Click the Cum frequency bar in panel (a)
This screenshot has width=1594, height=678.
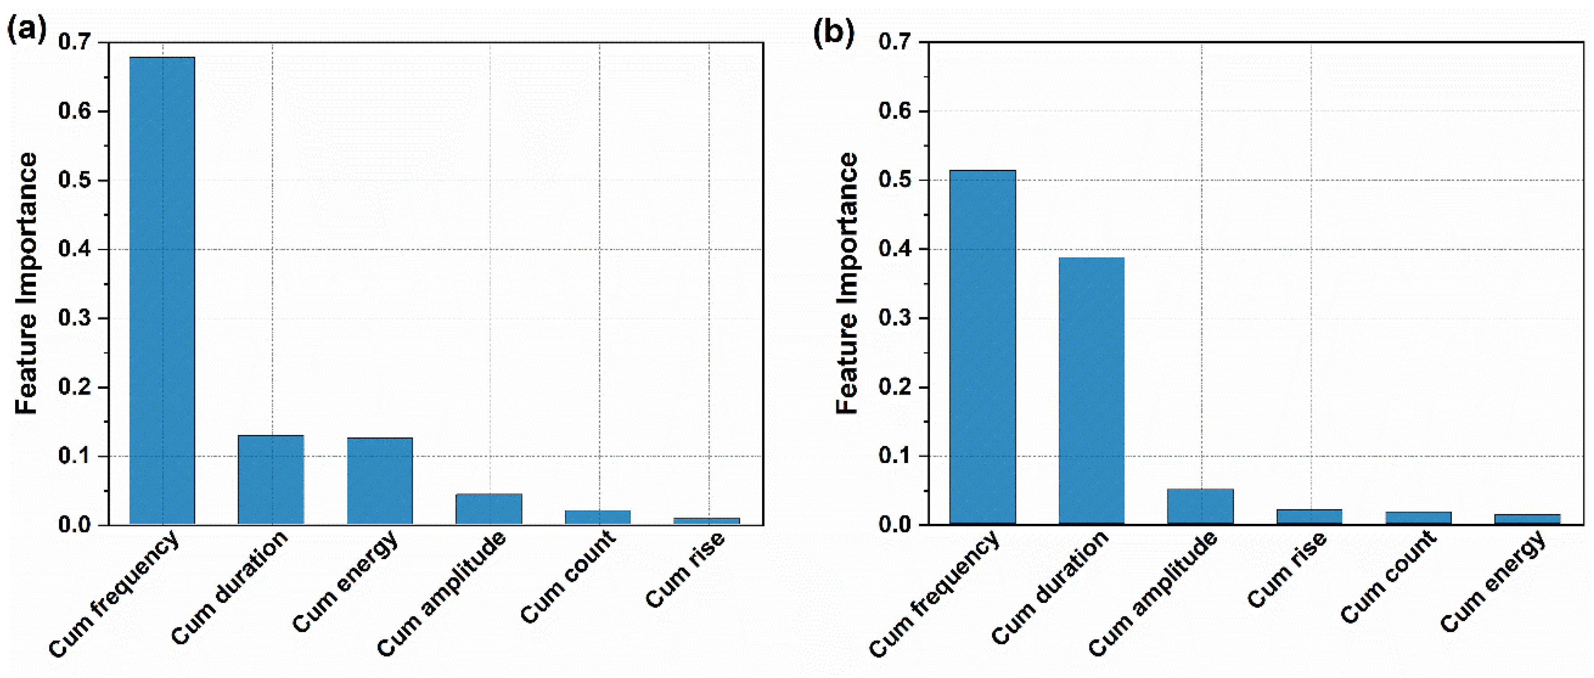[162, 291]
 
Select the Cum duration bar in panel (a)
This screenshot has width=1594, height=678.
[271, 480]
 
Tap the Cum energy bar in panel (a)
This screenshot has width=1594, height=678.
[380, 481]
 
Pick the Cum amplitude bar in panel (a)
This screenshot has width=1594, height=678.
[489, 509]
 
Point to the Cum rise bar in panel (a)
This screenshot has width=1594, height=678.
[707, 521]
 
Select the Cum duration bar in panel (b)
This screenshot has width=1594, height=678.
[1092, 391]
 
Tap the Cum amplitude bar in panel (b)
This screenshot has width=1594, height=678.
[1200, 507]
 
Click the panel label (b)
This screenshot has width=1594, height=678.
[834, 31]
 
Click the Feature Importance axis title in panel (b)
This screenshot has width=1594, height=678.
[847, 283]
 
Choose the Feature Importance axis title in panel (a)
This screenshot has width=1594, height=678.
[26, 283]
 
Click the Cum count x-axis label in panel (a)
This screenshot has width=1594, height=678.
[568, 577]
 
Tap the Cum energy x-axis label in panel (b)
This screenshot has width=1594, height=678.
[1492, 581]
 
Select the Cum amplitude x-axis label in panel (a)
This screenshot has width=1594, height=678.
[441, 594]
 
